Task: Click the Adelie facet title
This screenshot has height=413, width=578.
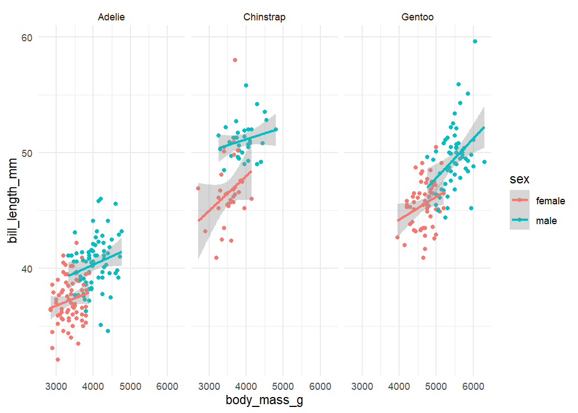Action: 111,17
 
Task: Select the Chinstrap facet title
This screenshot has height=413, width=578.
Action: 264,17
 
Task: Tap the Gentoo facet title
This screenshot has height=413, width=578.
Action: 417,17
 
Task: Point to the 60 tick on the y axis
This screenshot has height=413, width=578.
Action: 27,37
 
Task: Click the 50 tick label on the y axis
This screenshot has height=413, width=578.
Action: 27,153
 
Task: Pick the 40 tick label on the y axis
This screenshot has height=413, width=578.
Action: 27,268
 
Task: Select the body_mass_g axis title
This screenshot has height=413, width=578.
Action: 264,400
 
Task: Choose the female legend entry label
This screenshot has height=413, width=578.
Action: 550,201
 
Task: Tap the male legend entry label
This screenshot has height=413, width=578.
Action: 547,221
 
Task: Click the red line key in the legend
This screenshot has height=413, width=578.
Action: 519,201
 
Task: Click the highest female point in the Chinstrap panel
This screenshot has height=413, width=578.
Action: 235,60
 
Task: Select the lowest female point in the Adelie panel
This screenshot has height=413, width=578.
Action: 58,360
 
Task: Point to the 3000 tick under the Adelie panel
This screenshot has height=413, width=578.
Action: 56,387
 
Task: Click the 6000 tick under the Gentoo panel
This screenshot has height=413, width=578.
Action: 473,387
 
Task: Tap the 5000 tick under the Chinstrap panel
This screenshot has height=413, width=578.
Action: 283,387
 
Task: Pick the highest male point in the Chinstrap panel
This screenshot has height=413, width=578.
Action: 246,85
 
